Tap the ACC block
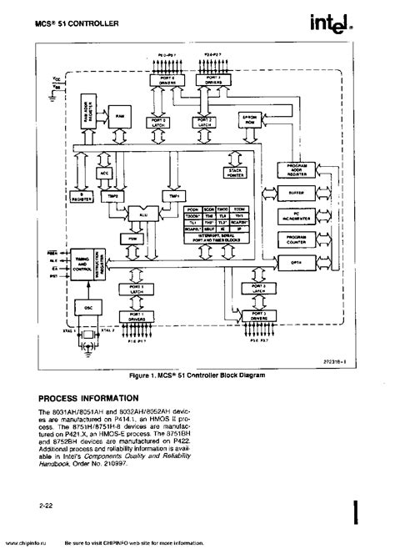tap(105, 173)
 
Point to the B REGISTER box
tap(79, 198)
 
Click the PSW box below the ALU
tap(131, 238)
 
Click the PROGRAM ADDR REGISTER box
tap(297, 169)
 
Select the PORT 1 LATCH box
tap(137, 289)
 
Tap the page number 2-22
tap(46, 506)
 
